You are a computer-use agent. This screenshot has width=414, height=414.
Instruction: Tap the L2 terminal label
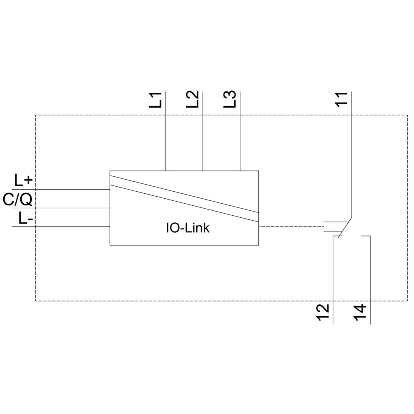click(193, 100)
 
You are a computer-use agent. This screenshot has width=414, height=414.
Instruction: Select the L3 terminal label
click(230, 100)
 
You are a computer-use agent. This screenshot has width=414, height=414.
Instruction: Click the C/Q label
click(17, 200)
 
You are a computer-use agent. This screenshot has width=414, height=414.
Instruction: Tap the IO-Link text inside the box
click(188, 228)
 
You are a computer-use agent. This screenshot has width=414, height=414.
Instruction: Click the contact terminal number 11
click(342, 100)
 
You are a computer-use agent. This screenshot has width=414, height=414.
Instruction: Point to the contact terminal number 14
click(360, 313)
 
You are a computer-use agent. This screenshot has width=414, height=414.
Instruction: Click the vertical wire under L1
click(166, 137)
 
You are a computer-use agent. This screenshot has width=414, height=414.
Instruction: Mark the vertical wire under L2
click(203, 137)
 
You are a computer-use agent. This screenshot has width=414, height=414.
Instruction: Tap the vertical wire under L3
click(240, 137)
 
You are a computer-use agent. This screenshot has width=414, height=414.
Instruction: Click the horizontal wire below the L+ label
click(62, 189)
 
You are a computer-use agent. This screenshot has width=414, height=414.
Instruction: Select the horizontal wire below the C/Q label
click(62, 208)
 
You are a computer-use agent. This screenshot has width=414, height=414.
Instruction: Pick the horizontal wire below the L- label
click(62, 226)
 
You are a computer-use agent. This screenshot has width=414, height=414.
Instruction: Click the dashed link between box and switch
click(290, 226)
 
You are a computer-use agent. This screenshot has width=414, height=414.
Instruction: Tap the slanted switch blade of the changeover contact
click(345, 228)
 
